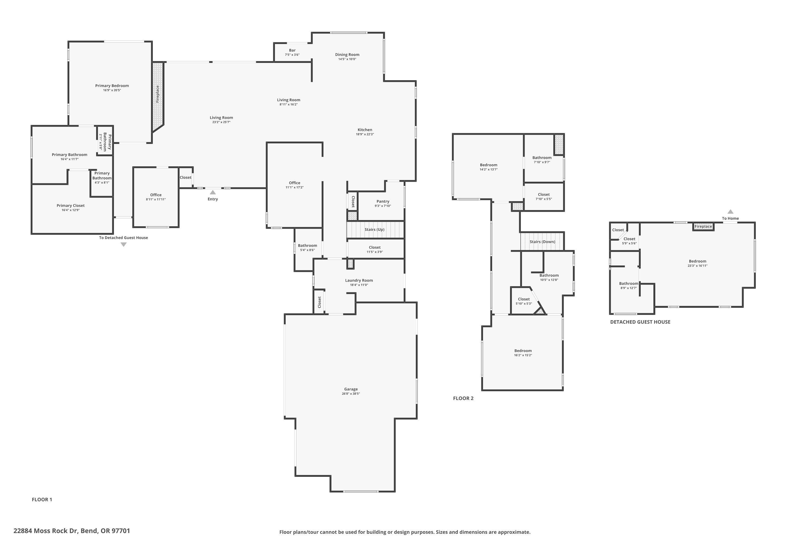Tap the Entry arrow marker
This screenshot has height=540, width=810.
213,193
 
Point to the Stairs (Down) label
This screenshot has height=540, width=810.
542,242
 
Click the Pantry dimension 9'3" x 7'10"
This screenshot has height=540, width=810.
383,206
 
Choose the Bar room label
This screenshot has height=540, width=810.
292,50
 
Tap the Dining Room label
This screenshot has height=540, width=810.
347,55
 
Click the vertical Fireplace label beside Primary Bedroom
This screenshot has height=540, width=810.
158,94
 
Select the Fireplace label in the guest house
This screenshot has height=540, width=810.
703,227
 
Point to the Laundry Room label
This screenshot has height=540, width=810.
359,280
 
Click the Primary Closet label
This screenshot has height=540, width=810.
70,205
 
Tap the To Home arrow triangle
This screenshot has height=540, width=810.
730,212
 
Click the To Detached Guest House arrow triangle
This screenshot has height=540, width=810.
124,245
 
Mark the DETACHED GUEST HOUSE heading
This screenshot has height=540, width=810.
640,322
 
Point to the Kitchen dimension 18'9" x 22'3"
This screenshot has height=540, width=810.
365,134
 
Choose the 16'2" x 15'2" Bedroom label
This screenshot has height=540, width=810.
523,351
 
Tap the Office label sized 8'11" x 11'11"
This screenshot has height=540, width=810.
156,195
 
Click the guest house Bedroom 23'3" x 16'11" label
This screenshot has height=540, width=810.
697,261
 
